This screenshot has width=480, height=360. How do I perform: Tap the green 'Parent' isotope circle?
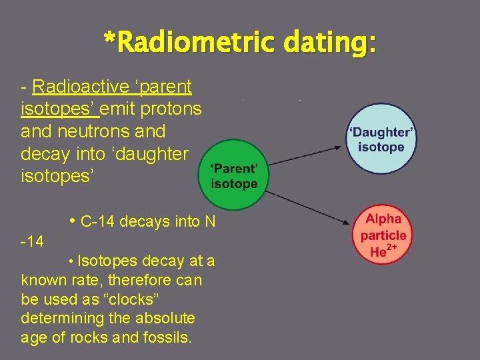[233, 175]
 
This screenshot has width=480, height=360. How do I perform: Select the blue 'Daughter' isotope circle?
[381, 139]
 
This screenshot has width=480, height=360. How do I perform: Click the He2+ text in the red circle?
[381, 251]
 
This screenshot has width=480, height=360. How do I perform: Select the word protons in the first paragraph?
[177, 109]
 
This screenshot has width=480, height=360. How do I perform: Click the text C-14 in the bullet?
[99, 222]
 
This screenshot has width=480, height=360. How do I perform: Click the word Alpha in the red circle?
[383, 219]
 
